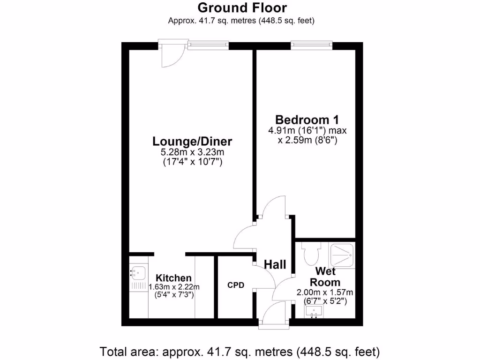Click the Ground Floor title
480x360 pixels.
tap(242, 8)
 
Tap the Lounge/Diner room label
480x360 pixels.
tap(192, 141)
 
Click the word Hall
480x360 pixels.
tap(275, 265)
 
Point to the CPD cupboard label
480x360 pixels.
tap(236, 285)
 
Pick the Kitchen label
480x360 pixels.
tap(173, 278)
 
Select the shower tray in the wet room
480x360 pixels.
tap(342, 255)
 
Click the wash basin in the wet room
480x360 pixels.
tap(314, 311)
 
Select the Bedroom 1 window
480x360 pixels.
tap(311, 45)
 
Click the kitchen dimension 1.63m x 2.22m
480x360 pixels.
tap(174, 287)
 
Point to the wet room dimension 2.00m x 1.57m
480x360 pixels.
tap(325, 292)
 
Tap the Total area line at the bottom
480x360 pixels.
tap(240, 351)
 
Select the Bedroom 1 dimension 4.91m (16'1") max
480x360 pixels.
tap(307, 130)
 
